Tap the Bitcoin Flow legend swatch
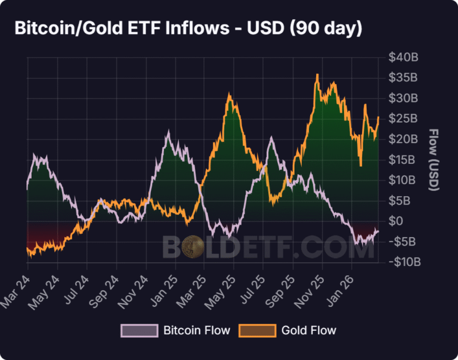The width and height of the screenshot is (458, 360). pos(140,330)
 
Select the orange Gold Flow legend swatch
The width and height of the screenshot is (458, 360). pos(257,330)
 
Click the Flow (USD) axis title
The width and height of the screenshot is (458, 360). pos(434,160)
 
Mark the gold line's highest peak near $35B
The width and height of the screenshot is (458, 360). pos(317,75)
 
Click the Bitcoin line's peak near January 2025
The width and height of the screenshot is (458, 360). pos(168,134)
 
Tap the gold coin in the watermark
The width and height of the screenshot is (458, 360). pos(193,246)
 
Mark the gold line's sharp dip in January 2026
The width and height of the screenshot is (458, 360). pos(361,165)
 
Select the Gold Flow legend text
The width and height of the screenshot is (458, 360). pos(309,330)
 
